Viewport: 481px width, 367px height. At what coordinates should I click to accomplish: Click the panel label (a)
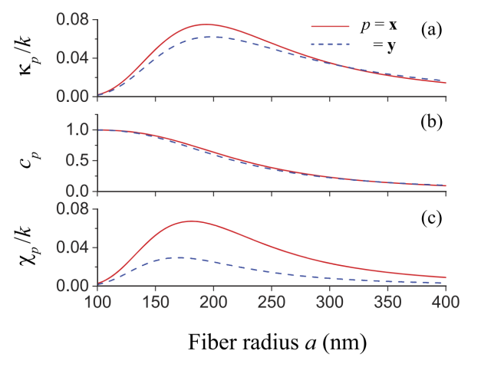(x=430, y=30)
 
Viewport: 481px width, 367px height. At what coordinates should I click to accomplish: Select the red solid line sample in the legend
(x=328, y=26)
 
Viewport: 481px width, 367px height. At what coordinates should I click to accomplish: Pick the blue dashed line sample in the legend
(x=328, y=45)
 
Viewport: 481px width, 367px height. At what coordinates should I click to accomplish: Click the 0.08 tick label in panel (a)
(x=74, y=19)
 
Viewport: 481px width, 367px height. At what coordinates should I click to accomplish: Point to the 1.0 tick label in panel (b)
(x=77, y=130)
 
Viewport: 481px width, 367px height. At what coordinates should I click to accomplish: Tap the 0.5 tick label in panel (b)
(x=77, y=161)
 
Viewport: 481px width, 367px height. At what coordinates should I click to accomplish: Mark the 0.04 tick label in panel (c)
(x=74, y=247)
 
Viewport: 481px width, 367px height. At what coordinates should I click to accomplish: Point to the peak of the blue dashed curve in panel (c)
(x=177, y=257)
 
